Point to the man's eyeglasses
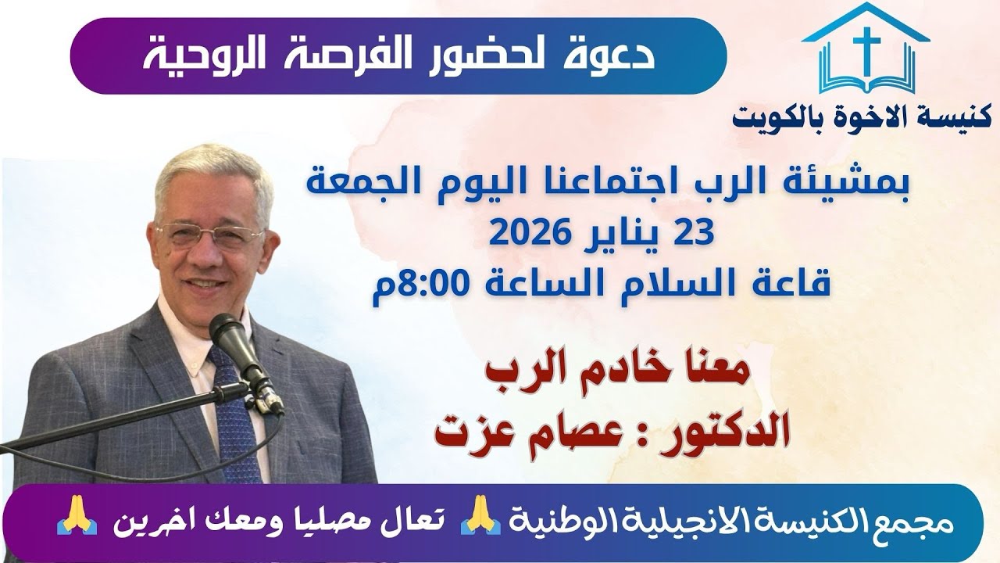[x=210, y=234]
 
